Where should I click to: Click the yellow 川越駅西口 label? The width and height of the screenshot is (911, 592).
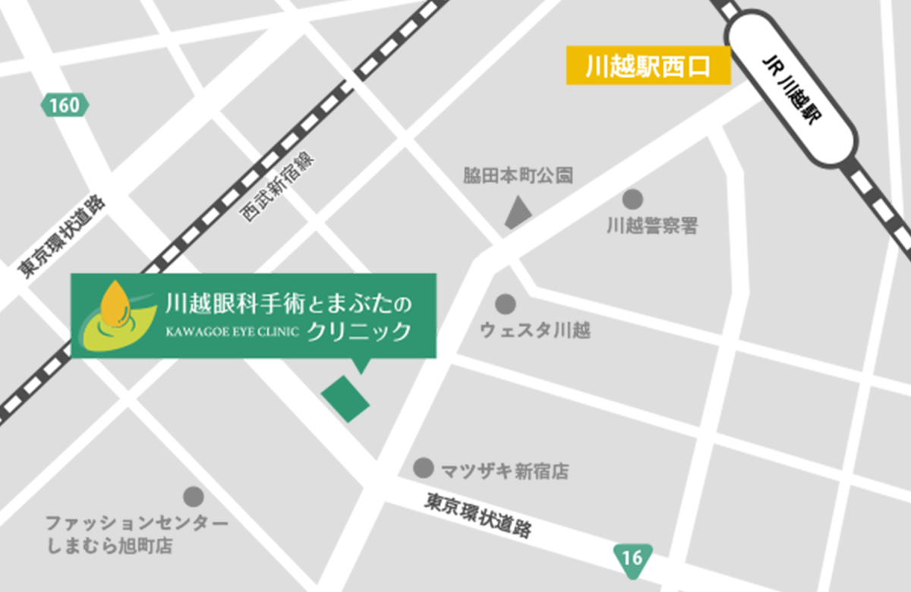coord(648,67)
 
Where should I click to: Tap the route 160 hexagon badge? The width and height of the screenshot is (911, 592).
coord(65,105)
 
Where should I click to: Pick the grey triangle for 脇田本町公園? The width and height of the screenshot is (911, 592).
coord(518,212)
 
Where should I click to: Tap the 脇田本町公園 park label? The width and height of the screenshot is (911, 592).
coord(518,176)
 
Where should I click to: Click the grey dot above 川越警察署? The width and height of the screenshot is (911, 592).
coord(632,200)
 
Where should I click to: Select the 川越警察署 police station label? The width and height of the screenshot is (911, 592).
coord(652,226)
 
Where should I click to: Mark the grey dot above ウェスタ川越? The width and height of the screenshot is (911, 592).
coord(505,304)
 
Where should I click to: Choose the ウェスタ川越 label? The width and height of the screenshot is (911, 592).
coord(535,331)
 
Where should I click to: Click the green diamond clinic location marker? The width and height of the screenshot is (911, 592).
coord(345,398)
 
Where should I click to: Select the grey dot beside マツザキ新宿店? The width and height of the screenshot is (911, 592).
coord(423,468)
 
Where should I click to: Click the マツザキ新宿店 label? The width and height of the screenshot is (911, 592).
coord(505,471)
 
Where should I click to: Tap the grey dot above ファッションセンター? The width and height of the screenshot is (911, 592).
coord(194,496)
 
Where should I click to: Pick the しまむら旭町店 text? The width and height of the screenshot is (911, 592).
coord(109,546)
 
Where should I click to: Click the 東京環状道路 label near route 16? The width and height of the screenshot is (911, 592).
coord(478,516)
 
